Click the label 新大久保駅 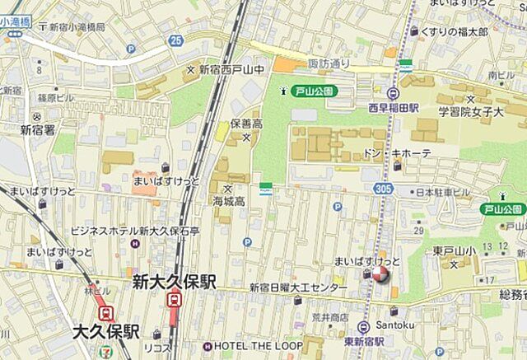(x=174, y=283)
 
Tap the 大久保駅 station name (x=105, y=332)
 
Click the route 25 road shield (x=175, y=40)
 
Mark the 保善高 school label (x=245, y=124)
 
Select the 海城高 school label (x=229, y=201)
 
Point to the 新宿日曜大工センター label (x=298, y=288)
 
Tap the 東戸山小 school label (x=452, y=251)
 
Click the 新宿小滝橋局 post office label (x=77, y=27)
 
